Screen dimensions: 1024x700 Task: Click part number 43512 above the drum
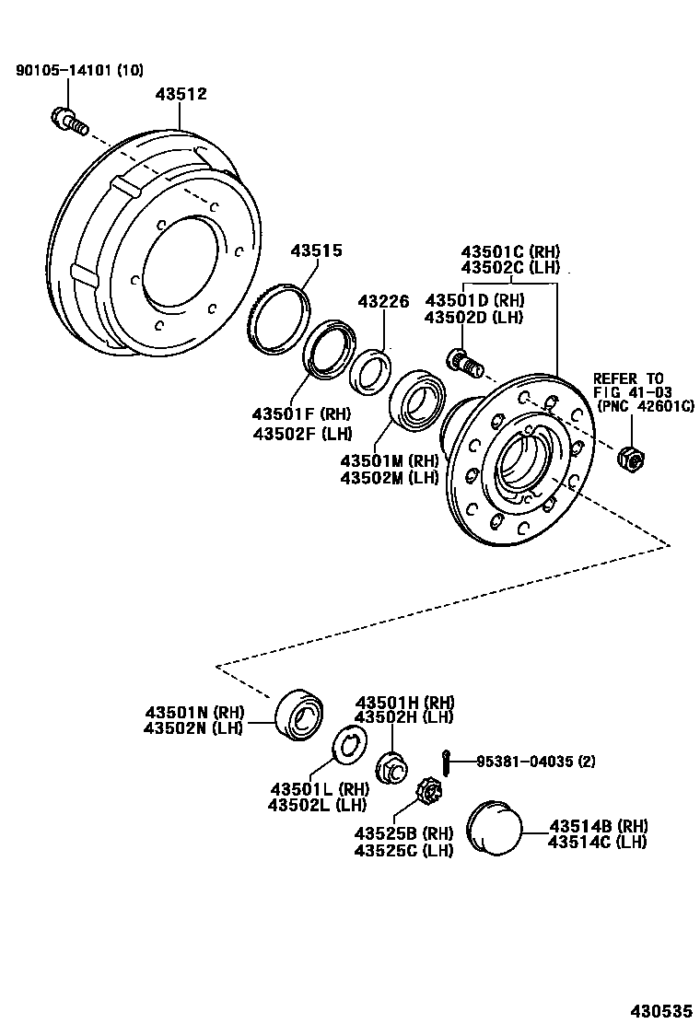[x=181, y=94]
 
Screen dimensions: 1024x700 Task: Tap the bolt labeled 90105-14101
[x=67, y=120]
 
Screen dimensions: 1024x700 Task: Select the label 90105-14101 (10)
[x=80, y=70]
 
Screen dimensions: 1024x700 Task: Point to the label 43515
[x=317, y=250]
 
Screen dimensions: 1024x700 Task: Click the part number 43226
[x=383, y=301]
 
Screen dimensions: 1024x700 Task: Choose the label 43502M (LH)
[x=389, y=477]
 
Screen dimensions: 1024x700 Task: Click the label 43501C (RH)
[x=509, y=251]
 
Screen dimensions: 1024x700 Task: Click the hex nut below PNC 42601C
[x=631, y=455]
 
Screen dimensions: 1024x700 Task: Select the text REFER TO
[x=627, y=378]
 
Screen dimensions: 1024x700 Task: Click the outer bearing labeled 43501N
[x=297, y=712]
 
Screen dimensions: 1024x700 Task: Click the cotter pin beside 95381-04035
[x=444, y=762]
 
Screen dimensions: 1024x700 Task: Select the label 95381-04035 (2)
[x=537, y=762]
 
